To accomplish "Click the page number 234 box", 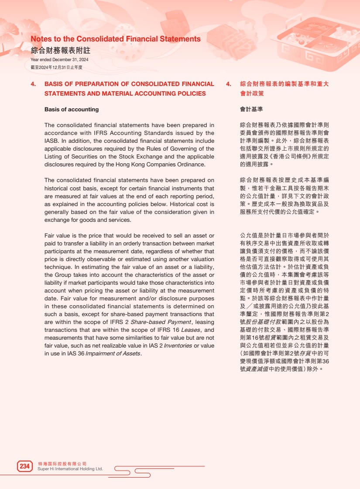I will click(24, 466).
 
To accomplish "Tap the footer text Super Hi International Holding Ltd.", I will click(70, 469).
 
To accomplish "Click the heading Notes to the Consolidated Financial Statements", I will click(116, 39).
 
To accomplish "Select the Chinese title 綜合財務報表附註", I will click(60, 50).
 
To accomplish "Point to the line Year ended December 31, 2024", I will click(59, 60).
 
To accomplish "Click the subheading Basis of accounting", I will click(72, 109).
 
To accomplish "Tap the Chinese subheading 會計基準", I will click(251, 109).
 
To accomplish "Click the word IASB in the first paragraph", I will click(51, 141).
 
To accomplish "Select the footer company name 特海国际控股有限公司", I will click(62, 463).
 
